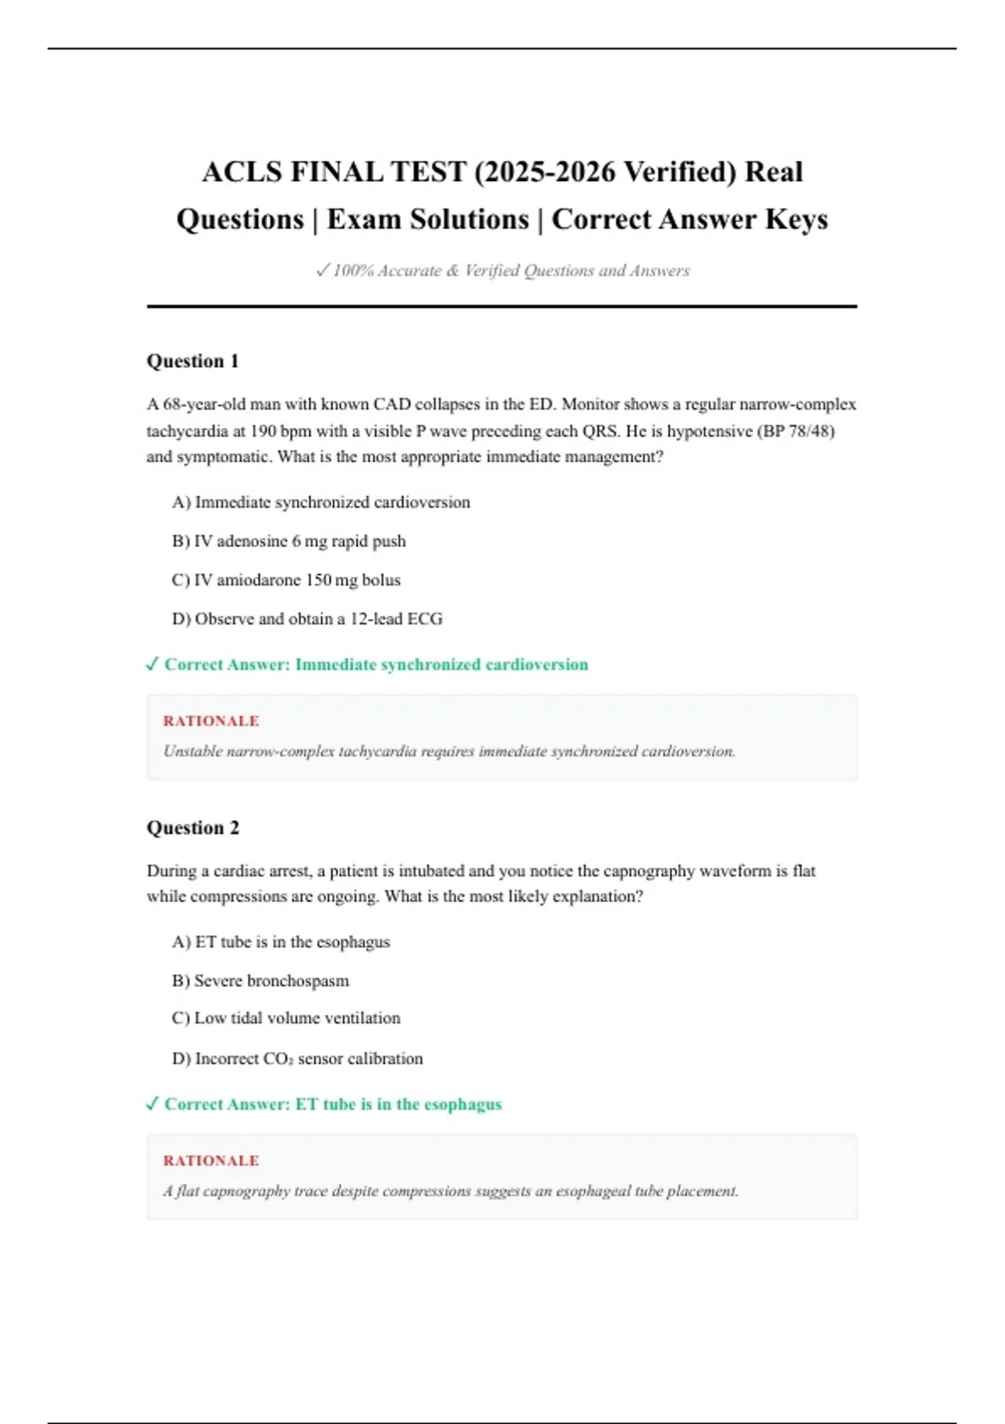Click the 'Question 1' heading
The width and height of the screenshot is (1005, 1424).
coord(193,361)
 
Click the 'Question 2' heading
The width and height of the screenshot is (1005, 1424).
coord(193,828)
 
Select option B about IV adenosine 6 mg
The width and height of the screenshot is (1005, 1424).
coord(289,541)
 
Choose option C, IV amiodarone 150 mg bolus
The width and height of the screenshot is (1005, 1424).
coord(286,580)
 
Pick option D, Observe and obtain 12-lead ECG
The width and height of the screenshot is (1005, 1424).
coord(307,619)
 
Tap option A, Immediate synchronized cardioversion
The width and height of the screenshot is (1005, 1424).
coord(321,503)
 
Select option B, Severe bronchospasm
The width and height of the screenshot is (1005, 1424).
coord(260,981)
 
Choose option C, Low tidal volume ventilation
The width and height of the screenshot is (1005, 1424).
coord(286,1019)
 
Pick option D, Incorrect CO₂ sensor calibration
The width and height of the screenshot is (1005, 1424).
coord(297,1059)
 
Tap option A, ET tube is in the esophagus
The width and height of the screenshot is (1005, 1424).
coord(281,942)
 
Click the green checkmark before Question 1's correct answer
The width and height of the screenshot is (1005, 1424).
coord(152,664)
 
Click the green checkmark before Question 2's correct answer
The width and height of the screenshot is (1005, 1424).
coord(152,1104)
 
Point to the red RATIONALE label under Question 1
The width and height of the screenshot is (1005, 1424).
coord(211,721)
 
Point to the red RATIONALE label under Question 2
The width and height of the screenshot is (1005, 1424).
coord(211,1161)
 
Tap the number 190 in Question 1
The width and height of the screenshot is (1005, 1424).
coord(264,431)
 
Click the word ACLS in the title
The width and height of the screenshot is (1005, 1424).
coord(242,173)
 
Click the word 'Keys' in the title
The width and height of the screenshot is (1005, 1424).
coord(796,219)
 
